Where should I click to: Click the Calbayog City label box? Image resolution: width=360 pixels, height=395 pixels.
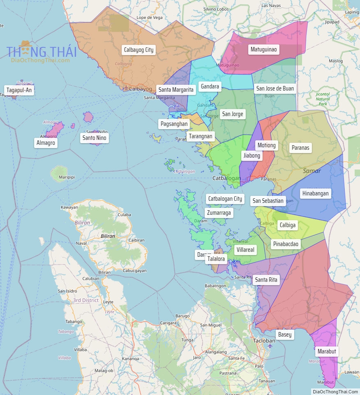pyautogui.click(x=138, y=50)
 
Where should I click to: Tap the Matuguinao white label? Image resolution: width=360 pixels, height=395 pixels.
pyautogui.click(x=263, y=50)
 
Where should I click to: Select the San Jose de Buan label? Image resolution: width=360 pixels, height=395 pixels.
pyautogui.click(x=275, y=88)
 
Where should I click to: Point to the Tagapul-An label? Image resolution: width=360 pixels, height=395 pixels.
pyautogui.click(x=19, y=90)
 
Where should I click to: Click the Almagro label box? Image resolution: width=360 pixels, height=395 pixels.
pyautogui.click(x=45, y=143)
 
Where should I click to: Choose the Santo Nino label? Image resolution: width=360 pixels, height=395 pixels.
pyautogui.click(x=94, y=138)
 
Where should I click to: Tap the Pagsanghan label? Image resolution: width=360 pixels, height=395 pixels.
pyautogui.click(x=174, y=124)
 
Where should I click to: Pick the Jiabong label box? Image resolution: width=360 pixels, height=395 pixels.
pyautogui.click(x=252, y=156)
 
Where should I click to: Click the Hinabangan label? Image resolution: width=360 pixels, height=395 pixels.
pyautogui.click(x=315, y=193)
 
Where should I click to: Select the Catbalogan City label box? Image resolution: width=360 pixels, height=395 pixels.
pyautogui.click(x=225, y=199)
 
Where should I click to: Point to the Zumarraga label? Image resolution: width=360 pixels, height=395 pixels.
pyautogui.click(x=219, y=213)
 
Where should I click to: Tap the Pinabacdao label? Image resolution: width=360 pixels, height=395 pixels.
pyautogui.click(x=286, y=244)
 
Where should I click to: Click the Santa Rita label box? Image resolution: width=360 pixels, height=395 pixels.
pyautogui.click(x=266, y=280)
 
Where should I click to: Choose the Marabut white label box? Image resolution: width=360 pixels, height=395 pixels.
pyautogui.click(x=327, y=351)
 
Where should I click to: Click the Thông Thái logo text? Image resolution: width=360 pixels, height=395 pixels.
pyautogui.click(x=41, y=52)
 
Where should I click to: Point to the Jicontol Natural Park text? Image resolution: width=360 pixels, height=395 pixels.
pyautogui.click(x=323, y=99)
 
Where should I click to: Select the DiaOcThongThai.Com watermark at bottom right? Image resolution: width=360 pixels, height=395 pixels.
pyautogui.click(x=335, y=392)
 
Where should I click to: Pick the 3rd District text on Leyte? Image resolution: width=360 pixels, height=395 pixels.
pyautogui.click(x=86, y=300)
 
